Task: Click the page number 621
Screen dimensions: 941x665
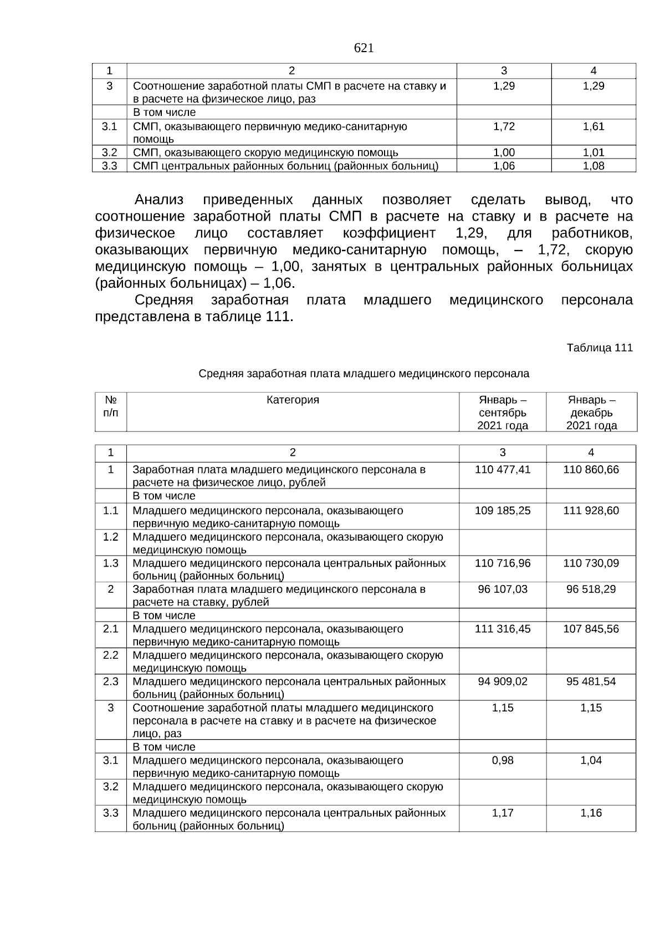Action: pos(364,48)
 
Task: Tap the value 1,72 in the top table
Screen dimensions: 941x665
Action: pos(504,126)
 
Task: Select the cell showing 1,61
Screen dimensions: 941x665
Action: pos(594,126)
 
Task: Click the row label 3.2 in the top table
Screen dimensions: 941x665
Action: pos(110,152)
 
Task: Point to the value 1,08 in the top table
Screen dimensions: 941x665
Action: pos(594,166)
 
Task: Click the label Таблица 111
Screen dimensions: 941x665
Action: pos(599,348)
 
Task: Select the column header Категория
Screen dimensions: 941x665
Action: pos(293,400)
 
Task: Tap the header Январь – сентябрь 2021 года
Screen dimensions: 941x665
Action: pos(503,413)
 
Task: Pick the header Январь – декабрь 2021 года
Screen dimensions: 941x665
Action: pos(591,413)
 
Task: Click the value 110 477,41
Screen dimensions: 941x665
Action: pos(503,470)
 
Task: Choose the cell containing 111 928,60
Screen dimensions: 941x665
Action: pos(591,510)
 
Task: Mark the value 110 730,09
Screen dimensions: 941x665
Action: pos(591,563)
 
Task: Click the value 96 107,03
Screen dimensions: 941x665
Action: pos(503,589)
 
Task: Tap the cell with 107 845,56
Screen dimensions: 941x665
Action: pos(591,629)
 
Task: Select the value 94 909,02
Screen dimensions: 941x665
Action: pos(503,681)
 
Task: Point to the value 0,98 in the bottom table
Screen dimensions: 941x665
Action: pos(503,760)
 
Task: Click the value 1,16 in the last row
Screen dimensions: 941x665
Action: pos(591,813)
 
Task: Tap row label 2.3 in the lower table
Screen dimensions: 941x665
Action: pos(111,681)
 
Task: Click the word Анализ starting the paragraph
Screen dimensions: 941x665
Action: pos(158,200)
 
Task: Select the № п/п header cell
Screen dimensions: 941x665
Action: pos(111,406)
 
